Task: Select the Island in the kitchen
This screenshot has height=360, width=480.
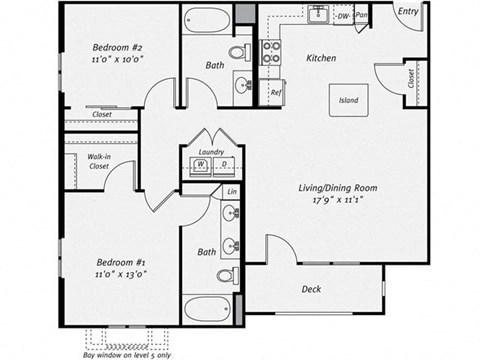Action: (349, 101)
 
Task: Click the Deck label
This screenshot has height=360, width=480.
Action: (311, 290)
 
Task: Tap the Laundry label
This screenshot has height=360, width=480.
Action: (211, 152)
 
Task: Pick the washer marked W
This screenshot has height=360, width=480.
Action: (200, 164)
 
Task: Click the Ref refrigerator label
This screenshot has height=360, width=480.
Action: (276, 92)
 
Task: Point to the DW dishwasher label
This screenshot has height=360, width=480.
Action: (343, 16)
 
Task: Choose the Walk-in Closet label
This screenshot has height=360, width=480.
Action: (98, 161)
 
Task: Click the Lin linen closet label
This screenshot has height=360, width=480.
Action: (231, 190)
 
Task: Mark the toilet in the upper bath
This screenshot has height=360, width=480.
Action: (240, 52)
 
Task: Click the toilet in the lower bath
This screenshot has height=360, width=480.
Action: (227, 276)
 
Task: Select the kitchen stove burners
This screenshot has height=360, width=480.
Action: (271, 50)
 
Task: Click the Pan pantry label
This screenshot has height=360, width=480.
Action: (361, 16)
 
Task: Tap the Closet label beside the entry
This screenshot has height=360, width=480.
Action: (412, 78)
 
